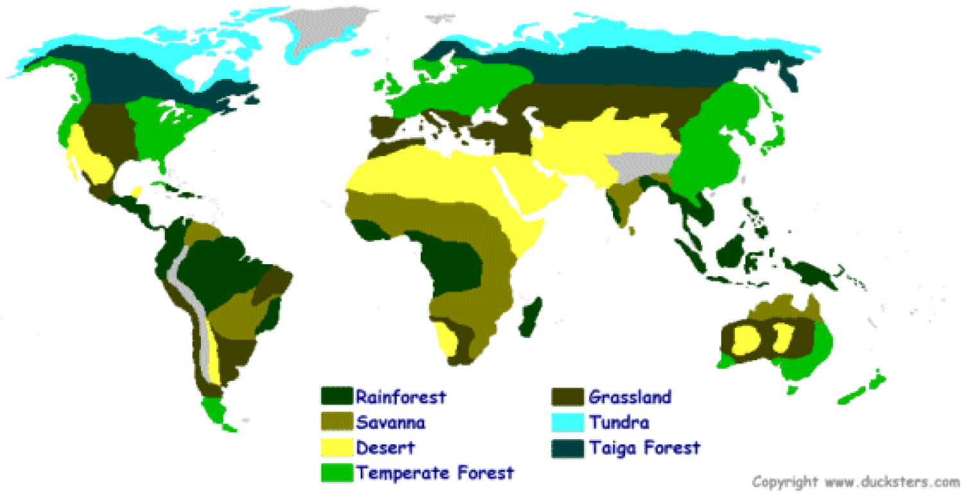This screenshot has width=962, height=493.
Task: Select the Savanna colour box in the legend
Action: tap(336, 422)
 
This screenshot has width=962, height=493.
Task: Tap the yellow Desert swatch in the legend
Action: tap(336, 447)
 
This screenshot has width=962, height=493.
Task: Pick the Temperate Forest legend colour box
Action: tap(336, 472)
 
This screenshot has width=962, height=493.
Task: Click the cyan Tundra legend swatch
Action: tap(568, 422)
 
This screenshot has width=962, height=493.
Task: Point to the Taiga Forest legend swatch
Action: tap(568, 447)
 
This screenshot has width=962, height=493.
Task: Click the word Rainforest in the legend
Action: tap(400, 397)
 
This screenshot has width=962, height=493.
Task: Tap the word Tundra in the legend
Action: tap(619, 422)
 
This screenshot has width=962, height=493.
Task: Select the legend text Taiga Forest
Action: tap(644, 447)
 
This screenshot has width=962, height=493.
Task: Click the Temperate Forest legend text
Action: tap(435, 473)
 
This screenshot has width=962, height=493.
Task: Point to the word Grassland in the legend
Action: tap(630, 397)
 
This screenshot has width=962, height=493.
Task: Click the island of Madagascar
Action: tap(530, 317)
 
